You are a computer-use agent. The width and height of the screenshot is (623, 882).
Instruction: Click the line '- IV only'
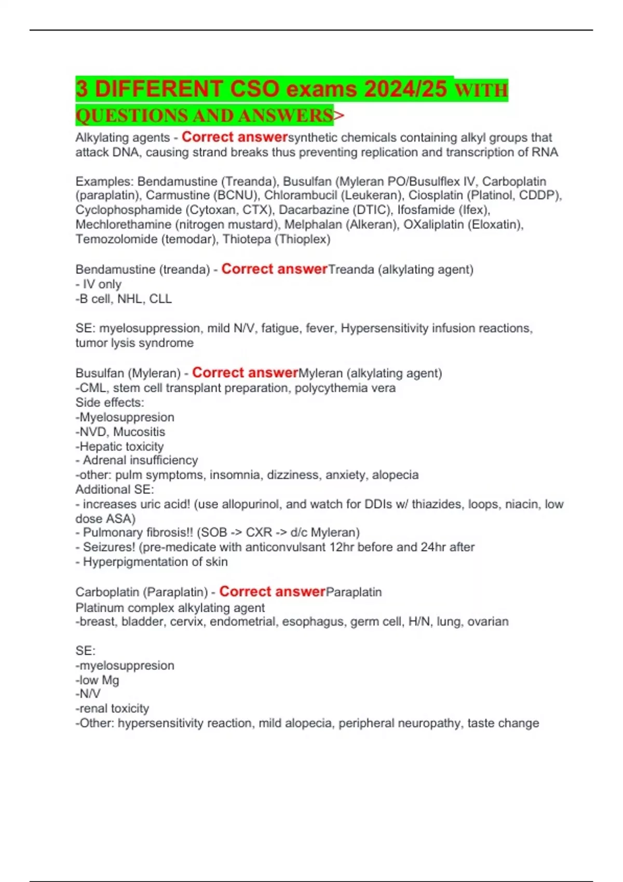(x=98, y=284)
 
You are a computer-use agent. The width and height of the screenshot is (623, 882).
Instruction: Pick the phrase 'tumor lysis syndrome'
(x=134, y=343)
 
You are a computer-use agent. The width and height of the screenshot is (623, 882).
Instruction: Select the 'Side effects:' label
(x=110, y=403)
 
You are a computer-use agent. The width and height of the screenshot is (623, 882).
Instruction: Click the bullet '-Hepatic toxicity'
(x=119, y=446)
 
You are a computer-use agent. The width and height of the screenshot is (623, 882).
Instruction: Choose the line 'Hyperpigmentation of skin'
(x=155, y=562)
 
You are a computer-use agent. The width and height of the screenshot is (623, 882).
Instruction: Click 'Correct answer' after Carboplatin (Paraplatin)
(x=272, y=591)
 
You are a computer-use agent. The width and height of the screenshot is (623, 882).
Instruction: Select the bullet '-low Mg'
(x=97, y=680)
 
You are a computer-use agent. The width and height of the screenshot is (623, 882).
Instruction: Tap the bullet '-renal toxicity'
(x=112, y=709)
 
